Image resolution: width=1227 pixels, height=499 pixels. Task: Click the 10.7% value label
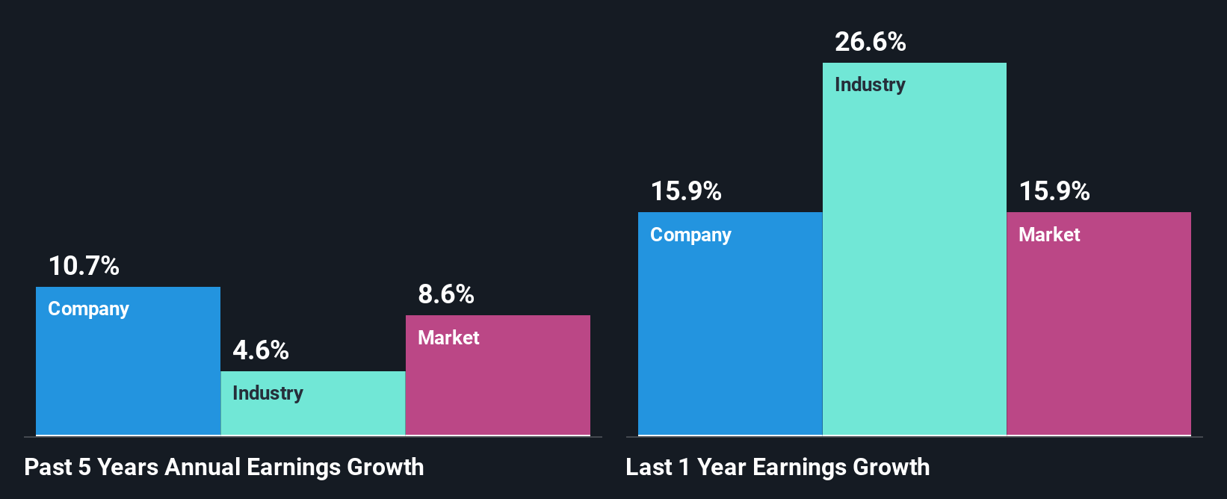point(84,266)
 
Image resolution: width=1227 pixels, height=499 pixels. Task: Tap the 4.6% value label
point(261,350)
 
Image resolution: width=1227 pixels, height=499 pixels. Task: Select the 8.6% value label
point(446,294)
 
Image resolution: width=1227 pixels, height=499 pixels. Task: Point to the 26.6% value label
point(871,42)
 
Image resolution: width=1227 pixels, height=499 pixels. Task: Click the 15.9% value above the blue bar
point(686,191)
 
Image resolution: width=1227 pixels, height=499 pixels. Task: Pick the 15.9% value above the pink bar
point(1054,191)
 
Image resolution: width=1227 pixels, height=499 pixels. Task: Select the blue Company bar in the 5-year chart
point(128,374)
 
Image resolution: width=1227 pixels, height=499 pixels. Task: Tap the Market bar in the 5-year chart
point(498,388)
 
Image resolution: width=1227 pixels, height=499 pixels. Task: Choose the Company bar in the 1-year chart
point(730,336)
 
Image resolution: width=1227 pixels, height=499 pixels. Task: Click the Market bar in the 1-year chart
point(1098,336)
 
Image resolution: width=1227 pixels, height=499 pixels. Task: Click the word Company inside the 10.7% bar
point(88,309)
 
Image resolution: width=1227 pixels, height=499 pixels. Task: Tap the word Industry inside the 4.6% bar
point(268,394)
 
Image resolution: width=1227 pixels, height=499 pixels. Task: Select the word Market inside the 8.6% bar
point(448,338)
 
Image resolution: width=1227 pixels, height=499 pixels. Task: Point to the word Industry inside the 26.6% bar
point(870,85)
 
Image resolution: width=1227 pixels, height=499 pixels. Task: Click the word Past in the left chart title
point(48,468)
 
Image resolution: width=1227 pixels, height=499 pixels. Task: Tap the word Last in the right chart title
point(649,468)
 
